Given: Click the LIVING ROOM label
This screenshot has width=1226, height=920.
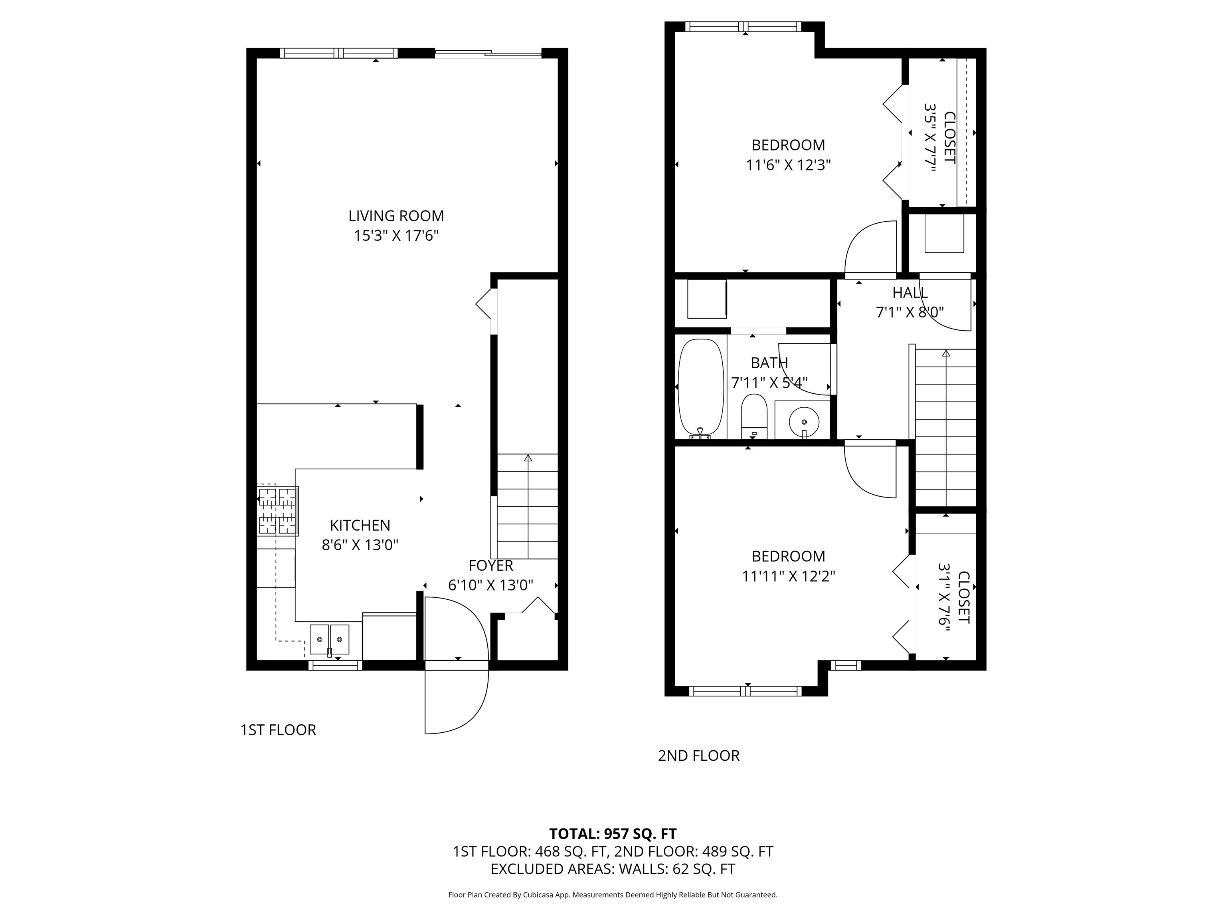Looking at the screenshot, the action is point(396,216).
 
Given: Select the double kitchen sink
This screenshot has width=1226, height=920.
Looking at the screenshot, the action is point(330,639).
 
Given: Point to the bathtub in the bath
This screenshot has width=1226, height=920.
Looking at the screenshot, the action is point(701,389).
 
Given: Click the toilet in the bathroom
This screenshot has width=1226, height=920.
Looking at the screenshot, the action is point(754,416).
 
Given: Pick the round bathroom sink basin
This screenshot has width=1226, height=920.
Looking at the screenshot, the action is point(804,422).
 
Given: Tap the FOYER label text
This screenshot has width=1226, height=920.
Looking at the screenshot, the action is point(491,566).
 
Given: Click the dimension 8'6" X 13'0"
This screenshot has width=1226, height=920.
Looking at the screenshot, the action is point(360,545).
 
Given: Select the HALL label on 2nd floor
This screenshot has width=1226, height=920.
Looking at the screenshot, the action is point(910,292).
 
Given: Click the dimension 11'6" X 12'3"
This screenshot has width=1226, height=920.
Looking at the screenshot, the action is point(788,165).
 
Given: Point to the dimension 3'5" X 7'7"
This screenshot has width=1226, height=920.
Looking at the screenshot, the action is point(930,137).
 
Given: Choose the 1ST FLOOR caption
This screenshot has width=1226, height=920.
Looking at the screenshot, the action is point(278,730).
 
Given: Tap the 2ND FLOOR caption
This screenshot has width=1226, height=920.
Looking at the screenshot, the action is point(698,756).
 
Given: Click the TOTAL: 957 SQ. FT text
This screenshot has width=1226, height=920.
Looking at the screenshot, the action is point(613,833).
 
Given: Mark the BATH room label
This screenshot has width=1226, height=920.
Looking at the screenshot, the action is point(769,363).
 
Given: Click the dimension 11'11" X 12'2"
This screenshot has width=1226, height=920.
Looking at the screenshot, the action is point(788,577).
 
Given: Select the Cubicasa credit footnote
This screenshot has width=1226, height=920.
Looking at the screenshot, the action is point(613,894).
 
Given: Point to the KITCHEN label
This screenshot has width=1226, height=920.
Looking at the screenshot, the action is point(360,525).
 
